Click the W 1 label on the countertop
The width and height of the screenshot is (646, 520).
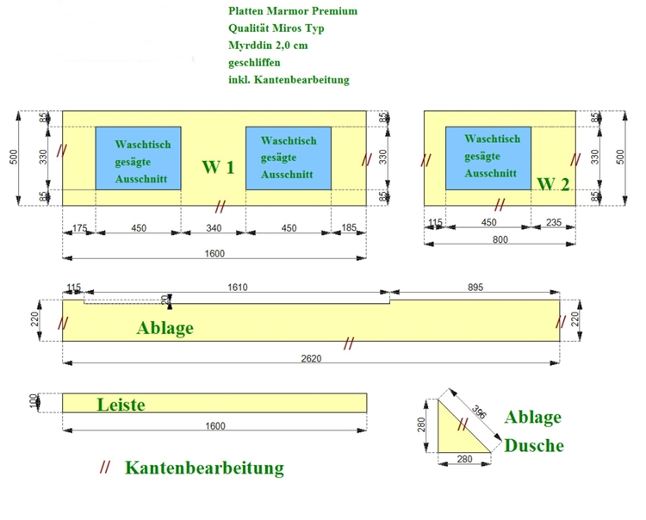pyautogui.click(x=218, y=167)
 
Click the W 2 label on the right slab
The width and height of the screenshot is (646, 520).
pyautogui.click(x=553, y=184)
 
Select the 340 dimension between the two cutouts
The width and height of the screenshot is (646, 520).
pyautogui.click(x=214, y=228)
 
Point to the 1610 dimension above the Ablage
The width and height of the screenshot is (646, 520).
pyautogui.click(x=237, y=287)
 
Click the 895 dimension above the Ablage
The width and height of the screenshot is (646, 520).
pyautogui.click(x=475, y=287)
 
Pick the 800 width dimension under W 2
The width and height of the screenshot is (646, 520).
pyautogui.click(x=499, y=240)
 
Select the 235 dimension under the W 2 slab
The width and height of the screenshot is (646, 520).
pyautogui.click(x=554, y=223)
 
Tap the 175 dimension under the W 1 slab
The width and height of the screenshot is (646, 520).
pyautogui.click(x=79, y=228)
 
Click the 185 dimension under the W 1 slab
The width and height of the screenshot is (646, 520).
pyautogui.click(x=349, y=228)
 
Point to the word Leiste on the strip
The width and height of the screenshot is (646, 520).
pyautogui.click(x=121, y=404)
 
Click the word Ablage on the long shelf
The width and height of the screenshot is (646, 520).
pyautogui.click(x=165, y=327)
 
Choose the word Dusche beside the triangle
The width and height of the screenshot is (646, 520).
pyautogui.click(x=534, y=445)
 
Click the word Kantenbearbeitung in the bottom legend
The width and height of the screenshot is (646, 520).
pyautogui.click(x=204, y=468)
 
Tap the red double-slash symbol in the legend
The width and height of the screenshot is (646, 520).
pyautogui.click(x=105, y=467)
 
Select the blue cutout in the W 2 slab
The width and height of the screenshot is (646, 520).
pyautogui.click(x=488, y=158)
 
